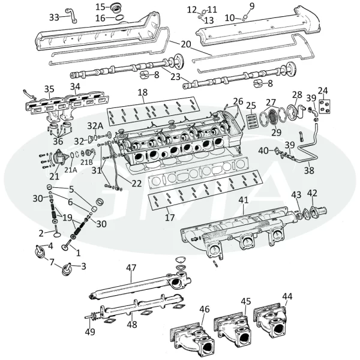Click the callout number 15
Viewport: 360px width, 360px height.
coord(100,7)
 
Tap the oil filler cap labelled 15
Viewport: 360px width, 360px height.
coord(116,8)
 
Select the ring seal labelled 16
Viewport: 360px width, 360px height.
coord(119,17)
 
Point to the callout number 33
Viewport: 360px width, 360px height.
coord(54,17)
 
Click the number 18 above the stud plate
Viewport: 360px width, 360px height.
coord(143,92)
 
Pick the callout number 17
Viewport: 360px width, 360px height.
coord(170,217)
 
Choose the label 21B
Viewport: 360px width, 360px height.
coord(86,162)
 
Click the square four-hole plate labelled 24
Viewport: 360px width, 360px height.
coord(325,107)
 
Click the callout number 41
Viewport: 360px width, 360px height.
coord(244,200)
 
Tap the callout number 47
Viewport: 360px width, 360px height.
coord(131,268)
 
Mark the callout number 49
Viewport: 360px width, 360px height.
coord(90,332)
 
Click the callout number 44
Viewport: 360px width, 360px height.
coord(287,296)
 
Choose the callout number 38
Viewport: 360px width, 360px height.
coord(309,170)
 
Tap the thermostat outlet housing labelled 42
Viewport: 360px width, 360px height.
coord(318,211)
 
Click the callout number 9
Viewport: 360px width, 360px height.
coord(252,6)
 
